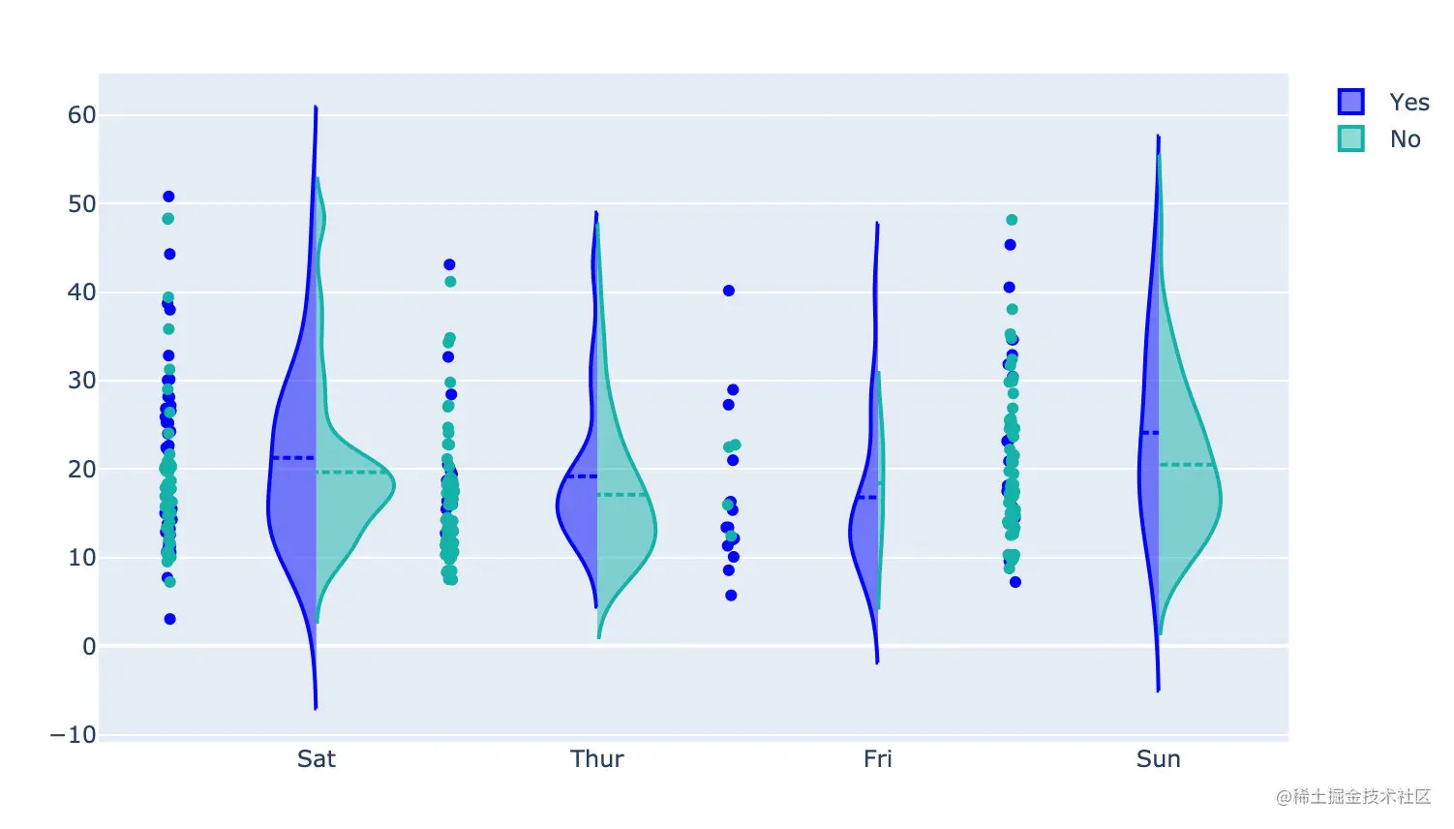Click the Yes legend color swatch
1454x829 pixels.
(1350, 102)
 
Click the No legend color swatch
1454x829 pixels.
(1350, 138)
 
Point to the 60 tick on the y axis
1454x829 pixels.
(81, 115)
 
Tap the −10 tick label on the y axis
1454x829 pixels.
(74, 735)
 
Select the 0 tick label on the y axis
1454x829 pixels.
(89, 646)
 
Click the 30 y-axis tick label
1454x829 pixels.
(81, 381)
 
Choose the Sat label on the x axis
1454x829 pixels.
(317, 759)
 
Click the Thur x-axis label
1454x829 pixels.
(597, 759)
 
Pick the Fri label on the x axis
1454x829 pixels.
(878, 759)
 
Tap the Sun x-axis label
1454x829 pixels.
(1159, 759)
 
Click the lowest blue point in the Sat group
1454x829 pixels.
(170, 619)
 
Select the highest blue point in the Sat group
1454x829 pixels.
(168, 197)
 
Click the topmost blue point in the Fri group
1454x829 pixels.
(729, 291)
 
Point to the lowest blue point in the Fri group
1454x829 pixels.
(731, 596)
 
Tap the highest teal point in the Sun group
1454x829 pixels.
(1012, 220)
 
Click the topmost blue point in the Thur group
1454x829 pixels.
(449, 264)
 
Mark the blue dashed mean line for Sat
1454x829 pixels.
(293, 457)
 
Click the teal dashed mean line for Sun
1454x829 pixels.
(1187, 465)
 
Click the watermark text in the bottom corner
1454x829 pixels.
(1353, 797)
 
